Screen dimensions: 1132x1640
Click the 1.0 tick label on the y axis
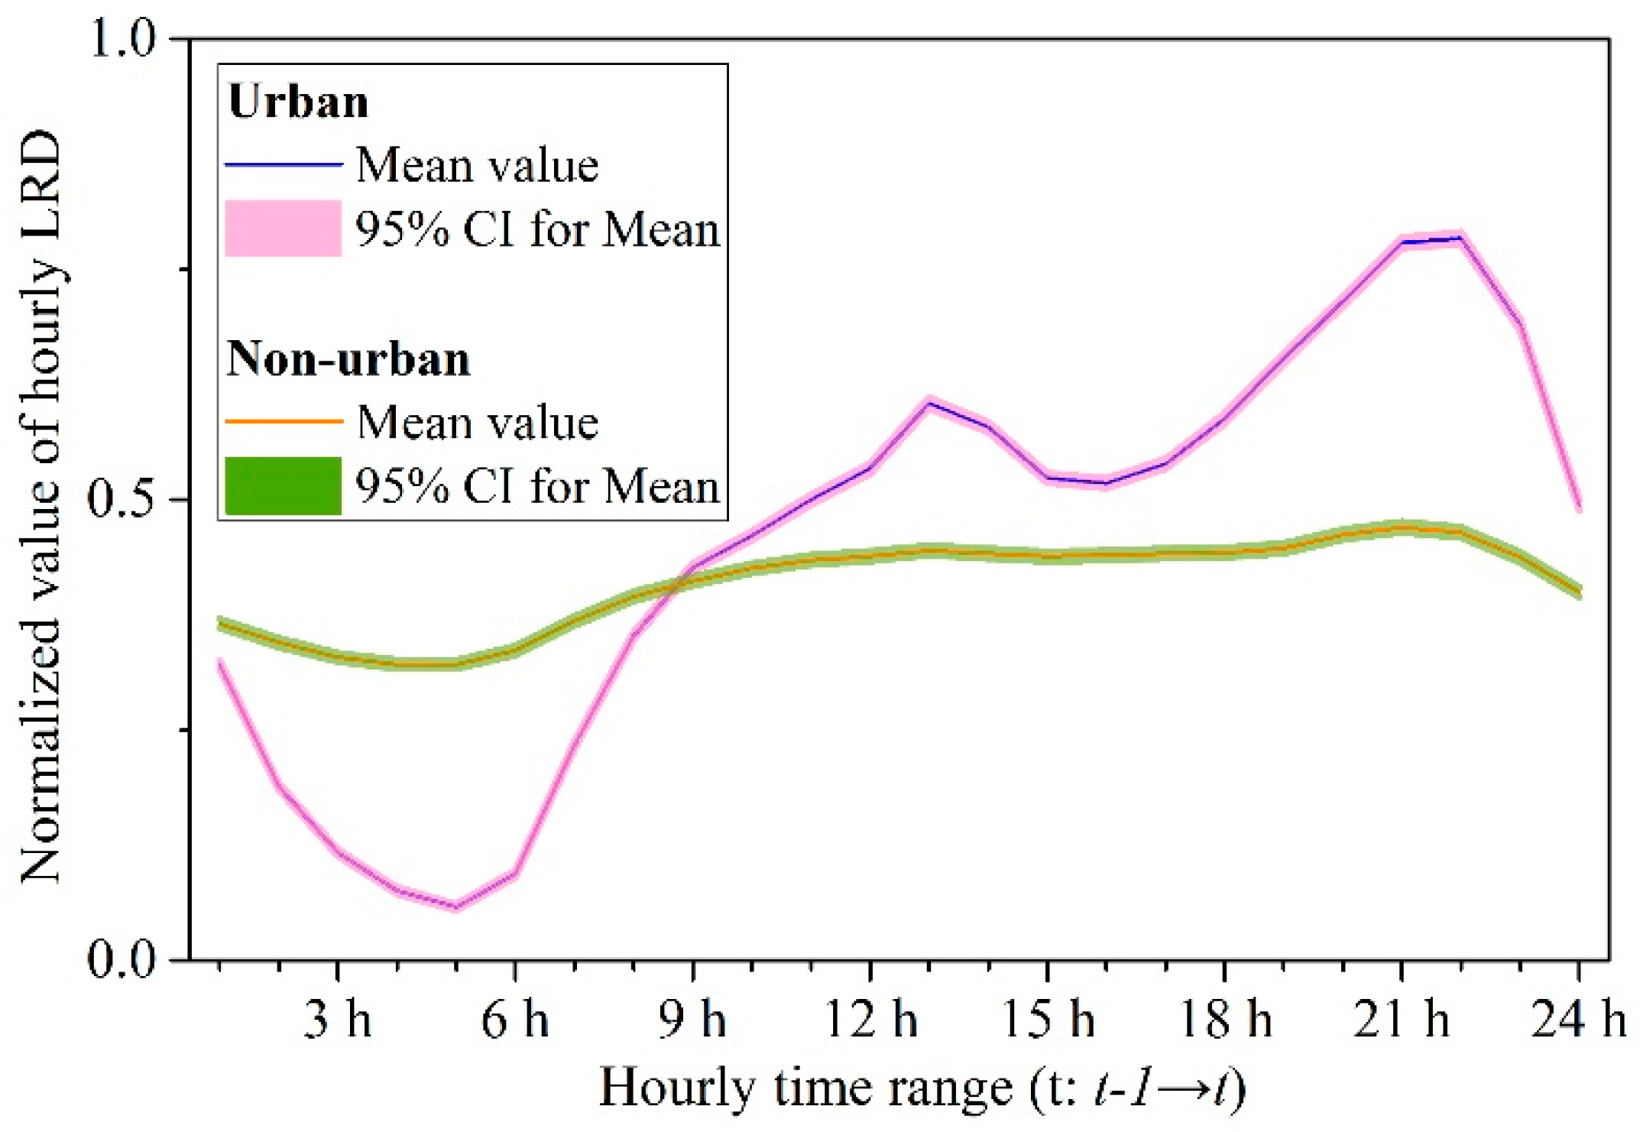(122, 38)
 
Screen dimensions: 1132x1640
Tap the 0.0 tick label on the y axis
(122, 958)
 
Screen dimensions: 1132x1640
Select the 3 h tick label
(337, 1020)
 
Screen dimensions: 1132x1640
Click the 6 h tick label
(514, 1020)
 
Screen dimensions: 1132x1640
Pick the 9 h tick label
(692, 1020)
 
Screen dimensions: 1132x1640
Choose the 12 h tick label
(870, 1020)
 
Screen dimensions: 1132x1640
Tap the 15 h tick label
(1048, 1020)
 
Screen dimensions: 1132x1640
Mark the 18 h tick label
(1225, 1020)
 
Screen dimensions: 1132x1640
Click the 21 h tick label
(1402, 1020)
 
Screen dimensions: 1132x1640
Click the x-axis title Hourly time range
(922, 1088)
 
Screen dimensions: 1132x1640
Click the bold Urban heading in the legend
(298, 102)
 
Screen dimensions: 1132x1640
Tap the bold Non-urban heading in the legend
(348, 358)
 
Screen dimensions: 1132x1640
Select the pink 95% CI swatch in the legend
(283, 229)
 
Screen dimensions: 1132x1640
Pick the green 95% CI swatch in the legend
(283, 485)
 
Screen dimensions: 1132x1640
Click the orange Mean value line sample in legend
(283, 421)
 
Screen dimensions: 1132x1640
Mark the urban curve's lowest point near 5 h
(456, 907)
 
